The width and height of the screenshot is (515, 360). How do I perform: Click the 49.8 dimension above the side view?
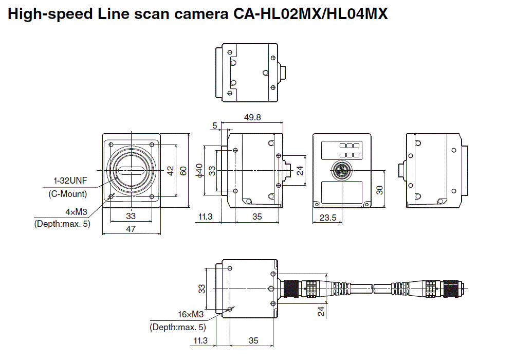pyautogui.click(x=252, y=117)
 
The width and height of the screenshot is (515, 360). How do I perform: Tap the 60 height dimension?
pyautogui.click(x=183, y=171)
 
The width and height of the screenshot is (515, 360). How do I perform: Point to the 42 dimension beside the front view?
pyautogui.click(x=171, y=171)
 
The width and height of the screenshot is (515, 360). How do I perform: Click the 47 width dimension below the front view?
pyautogui.click(x=131, y=229)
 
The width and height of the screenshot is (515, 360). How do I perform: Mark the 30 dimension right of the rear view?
pyautogui.click(x=379, y=189)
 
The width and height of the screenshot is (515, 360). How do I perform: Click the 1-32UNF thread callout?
pyautogui.click(x=70, y=181)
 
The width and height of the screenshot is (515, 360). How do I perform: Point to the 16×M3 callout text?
pyautogui.click(x=191, y=314)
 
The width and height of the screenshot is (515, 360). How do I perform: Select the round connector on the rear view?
pyautogui.click(x=341, y=169)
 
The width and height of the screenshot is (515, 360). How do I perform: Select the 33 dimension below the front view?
pyautogui.click(x=131, y=217)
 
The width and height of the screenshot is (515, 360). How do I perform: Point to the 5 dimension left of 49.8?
pyautogui.click(x=214, y=125)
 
